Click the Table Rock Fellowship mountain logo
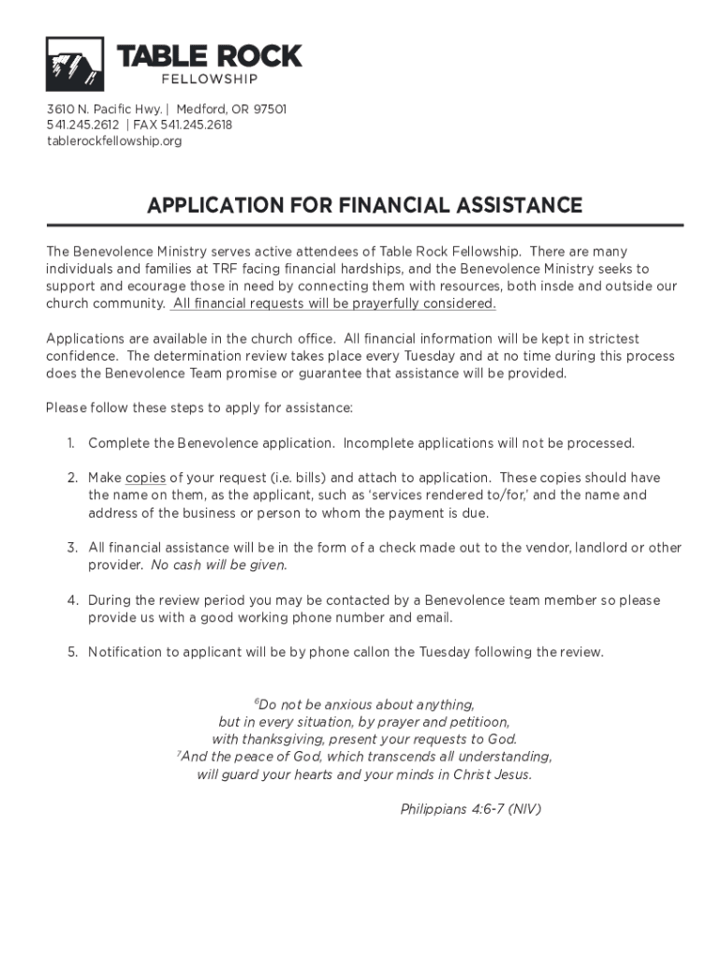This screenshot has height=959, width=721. (75, 64)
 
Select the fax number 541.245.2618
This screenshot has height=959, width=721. (196, 125)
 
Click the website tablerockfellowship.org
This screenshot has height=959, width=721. (114, 141)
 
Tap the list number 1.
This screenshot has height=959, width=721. (72, 443)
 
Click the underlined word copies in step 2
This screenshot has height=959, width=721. (145, 478)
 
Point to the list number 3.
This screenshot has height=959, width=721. (72, 548)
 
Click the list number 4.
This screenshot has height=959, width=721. (72, 600)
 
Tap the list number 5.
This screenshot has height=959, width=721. (72, 653)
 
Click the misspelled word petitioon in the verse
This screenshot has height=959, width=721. (480, 722)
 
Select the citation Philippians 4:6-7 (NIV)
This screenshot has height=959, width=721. (471, 809)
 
